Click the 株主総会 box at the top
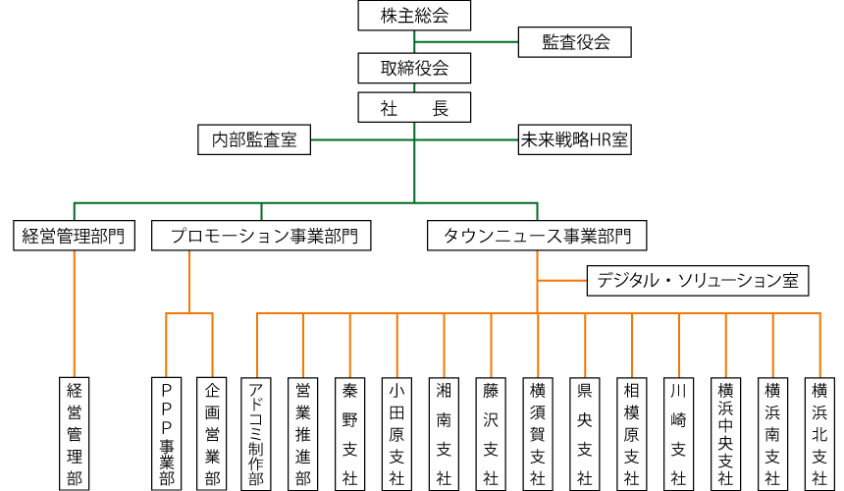(414, 16)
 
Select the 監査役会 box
(575, 42)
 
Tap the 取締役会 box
(414, 68)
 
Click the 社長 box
(414, 107)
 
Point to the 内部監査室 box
(254, 140)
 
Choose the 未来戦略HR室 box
(574, 140)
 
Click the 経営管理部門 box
(74, 236)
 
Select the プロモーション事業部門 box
(261, 236)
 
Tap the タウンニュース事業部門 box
(537, 236)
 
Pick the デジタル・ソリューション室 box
(697, 281)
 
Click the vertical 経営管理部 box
(74, 432)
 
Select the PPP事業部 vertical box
(166, 432)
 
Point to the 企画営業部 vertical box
(212, 432)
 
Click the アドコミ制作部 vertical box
(256, 432)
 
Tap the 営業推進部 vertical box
(303, 432)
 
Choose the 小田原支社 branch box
(396, 432)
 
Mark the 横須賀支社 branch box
(537, 432)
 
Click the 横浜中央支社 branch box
(725, 432)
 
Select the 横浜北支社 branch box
(818, 432)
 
